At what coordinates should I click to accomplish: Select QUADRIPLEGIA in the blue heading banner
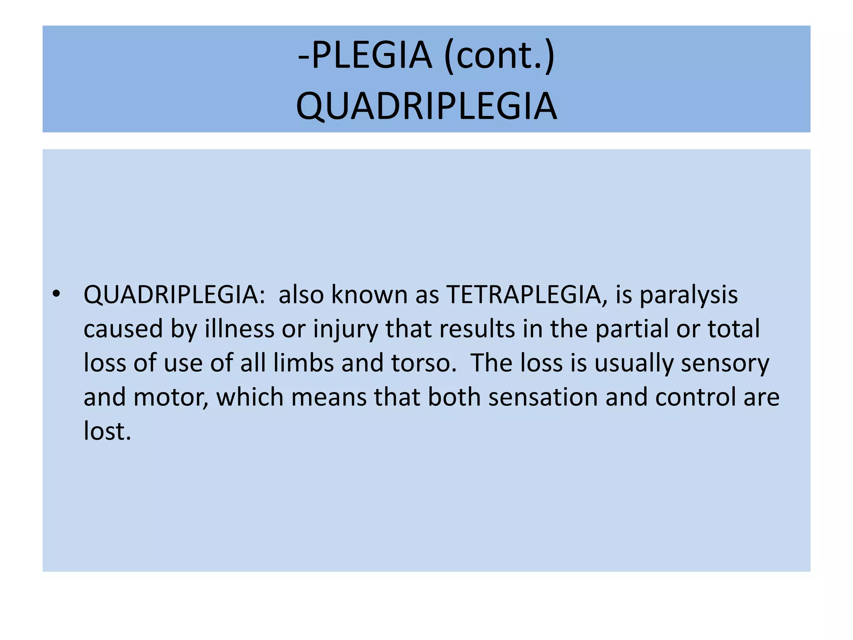[426, 106]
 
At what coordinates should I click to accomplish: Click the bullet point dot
[57, 295]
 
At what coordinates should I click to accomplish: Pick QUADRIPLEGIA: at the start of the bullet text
[175, 295]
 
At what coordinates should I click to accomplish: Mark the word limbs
[304, 363]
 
